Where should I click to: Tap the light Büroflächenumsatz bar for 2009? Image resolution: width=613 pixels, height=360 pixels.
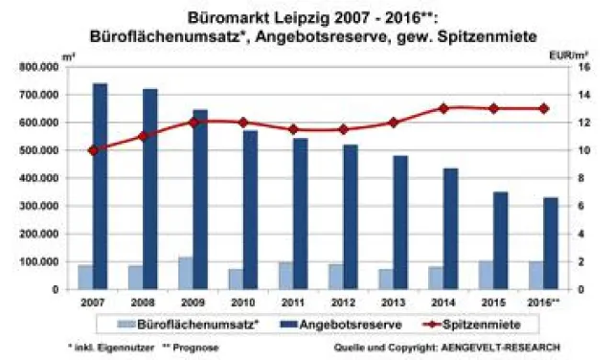coord(184,273)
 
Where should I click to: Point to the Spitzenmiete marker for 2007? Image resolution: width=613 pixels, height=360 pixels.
coord(93,150)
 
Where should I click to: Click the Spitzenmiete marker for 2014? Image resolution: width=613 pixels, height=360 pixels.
coord(443,108)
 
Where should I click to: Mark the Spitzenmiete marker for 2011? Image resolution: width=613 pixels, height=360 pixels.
coord(294,129)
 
